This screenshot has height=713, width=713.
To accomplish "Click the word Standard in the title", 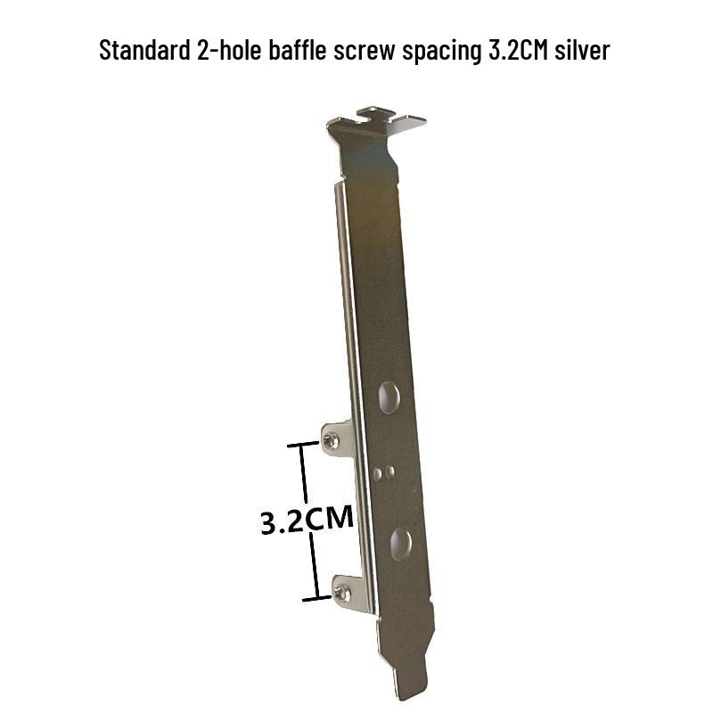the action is click(x=144, y=50).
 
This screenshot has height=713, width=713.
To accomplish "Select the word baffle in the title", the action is click(x=298, y=50).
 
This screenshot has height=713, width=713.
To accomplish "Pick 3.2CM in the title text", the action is click(x=518, y=50).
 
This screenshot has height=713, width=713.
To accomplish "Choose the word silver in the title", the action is click(x=582, y=50).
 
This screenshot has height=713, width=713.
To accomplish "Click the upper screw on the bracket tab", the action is click(x=331, y=440).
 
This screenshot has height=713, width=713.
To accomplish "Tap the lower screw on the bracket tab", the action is click(x=342, y=593).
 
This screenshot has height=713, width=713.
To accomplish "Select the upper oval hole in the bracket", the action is click(x=389, y=397).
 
